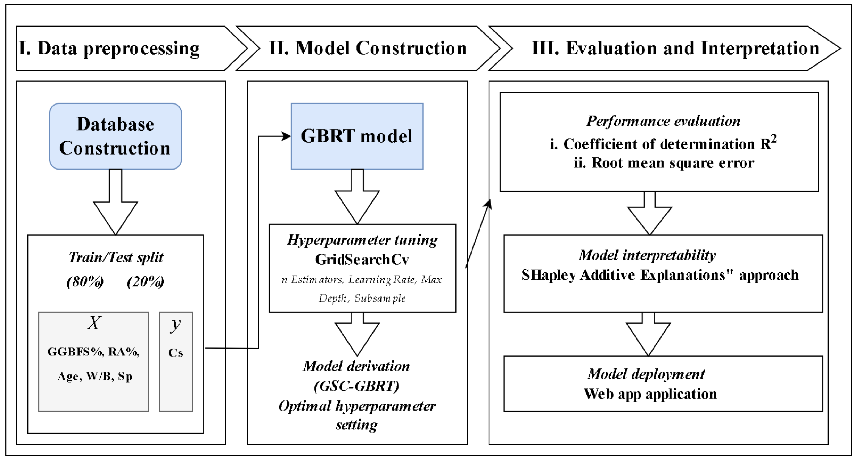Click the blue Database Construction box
pyautogui.click(x=116, y=136)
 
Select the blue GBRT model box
pyautogui.click(x=357, y=136)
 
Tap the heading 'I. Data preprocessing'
pyautogui.click(x=109, y=48)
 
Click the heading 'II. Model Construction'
pyautogui.click(x=368, y=48)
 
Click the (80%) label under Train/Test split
pyautogui.click(x=85, y=282)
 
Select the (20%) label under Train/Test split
pyautogui.click(x=145, y=282)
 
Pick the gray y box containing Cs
pyautogui.click(x=176, y=361)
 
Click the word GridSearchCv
pyautogui.click(x=362, y=260)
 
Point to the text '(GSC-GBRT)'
pyautogui.click(x=356, y=386)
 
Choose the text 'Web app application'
pyautogui.click(x=650, y=394)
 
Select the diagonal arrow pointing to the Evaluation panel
pyautogui.click(x=478, y=233)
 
